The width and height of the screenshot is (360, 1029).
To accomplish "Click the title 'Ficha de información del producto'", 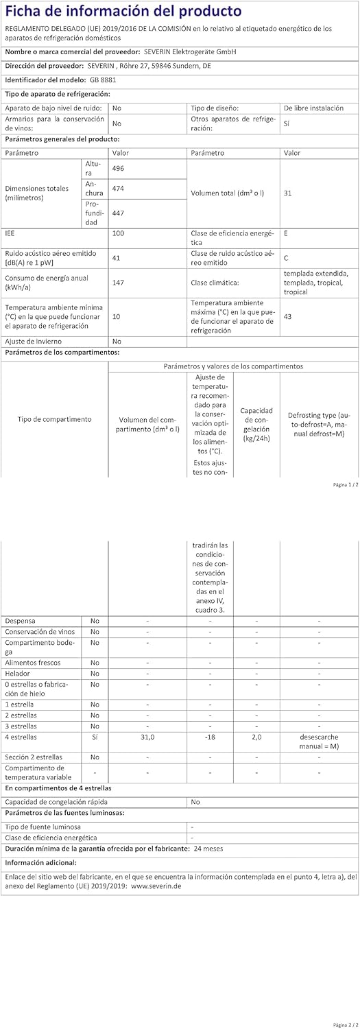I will point(123,12).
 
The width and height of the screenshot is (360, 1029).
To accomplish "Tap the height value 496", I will point(118,169).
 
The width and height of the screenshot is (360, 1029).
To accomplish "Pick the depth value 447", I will point(118,213).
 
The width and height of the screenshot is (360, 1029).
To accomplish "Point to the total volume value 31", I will point(287,193).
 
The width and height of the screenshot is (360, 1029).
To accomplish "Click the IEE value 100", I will point(118,234).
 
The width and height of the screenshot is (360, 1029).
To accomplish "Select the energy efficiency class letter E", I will point(285,234).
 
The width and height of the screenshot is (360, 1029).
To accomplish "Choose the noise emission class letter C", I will point(286,257).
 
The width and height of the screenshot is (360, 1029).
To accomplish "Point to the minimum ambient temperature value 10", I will point(117,316).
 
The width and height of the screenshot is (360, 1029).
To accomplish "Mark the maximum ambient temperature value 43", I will point(287,316).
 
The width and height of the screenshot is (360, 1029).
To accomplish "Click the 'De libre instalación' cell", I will point(313,108).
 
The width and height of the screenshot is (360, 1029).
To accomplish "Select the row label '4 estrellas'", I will point(21,738).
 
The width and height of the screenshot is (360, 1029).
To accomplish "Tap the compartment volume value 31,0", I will point(148,738).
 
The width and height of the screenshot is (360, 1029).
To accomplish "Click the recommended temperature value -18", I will point(210,738).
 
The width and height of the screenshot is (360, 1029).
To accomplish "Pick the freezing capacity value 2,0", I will point(256,738).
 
